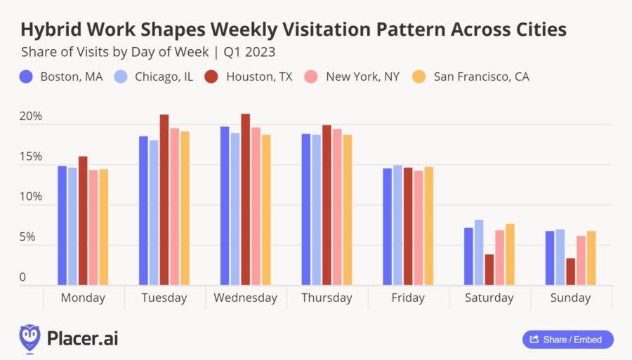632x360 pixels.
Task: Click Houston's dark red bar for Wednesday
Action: click(246, 199)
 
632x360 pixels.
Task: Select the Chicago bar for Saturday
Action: click(479, 253)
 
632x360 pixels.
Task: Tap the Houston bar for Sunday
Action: click(570, 272)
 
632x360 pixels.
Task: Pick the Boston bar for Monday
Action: click(62, 225)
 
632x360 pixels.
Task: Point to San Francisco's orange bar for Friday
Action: click(428, 226)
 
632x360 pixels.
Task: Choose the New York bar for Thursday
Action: click(337, 207)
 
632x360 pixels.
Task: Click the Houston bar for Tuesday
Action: click(164, 200)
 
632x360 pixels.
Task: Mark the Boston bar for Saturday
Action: click(468, 257)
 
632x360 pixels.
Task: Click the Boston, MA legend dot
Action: click(26, 76)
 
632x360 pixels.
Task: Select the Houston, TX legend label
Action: click(259, 76)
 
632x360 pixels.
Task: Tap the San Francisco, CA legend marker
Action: click(419, 76)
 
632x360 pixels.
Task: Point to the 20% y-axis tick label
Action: click(31, 116)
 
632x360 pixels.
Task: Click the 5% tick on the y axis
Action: click(27, 236)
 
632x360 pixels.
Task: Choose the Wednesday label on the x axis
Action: click(246, 298)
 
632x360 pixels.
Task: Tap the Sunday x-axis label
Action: click(570, 298)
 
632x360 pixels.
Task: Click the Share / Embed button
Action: click(568, 340)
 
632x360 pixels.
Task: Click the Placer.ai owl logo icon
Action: click(29, 339)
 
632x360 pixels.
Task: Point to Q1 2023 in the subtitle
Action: click(249, 52)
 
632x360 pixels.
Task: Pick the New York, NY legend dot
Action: click(311, 76)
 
